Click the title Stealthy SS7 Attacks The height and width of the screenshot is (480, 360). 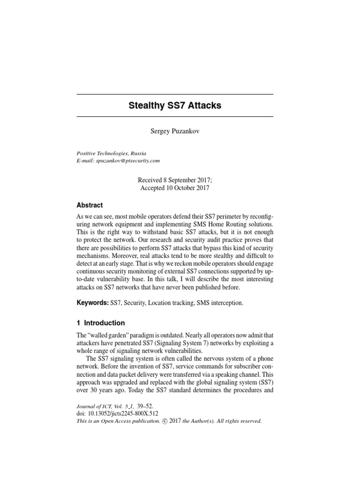[x=175, y=105]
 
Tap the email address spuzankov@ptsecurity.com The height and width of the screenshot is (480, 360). [x=128, y=161]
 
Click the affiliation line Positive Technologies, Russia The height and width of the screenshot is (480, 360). [x=111, y=153]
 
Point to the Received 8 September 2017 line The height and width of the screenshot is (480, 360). [x=175, y=180]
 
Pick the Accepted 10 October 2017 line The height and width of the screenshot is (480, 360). [x=175, y=188]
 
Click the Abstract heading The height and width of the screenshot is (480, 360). [x=90, y=205]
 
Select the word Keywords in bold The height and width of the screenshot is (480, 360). [x=92, y=303]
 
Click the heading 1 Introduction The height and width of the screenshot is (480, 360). [x=101, y=323]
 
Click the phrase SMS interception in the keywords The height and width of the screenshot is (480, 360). [x=220, y=303]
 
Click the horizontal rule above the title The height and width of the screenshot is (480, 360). [x=175, y=94]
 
